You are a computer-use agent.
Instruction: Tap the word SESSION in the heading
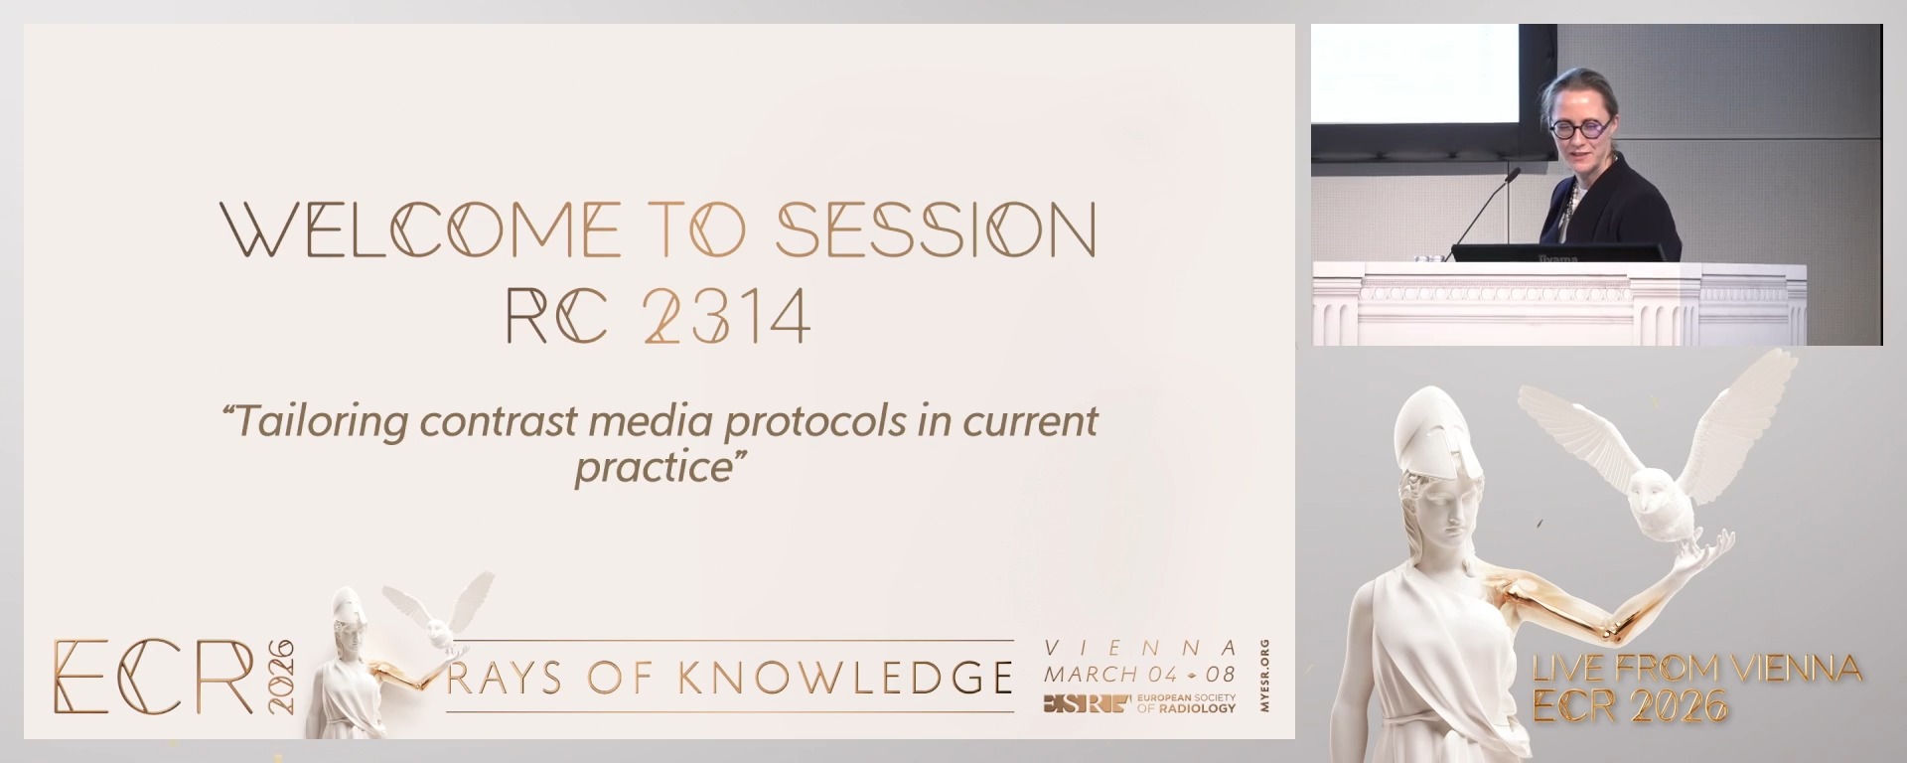(936, 229)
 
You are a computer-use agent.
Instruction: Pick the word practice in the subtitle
(654, 467)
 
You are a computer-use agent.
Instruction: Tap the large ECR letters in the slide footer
(154, 676)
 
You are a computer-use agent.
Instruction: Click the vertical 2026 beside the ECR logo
(281, 676)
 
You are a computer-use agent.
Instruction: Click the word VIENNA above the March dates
(1140, 649)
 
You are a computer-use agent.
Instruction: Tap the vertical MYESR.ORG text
(1262, 676)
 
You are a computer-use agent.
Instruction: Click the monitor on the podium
(1557, 252)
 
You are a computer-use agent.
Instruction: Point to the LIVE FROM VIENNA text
(1696, 669)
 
